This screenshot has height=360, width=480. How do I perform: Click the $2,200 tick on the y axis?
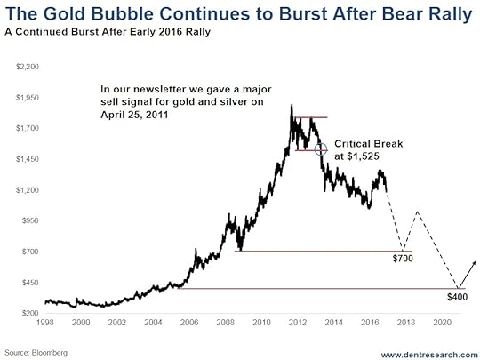[28, 67]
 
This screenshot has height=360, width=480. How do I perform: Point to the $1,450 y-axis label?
[28, 159]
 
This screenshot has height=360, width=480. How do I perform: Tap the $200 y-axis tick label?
[30, 313]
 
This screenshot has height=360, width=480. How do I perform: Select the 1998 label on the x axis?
[45, 323]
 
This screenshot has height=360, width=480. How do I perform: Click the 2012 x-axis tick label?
[298, 323]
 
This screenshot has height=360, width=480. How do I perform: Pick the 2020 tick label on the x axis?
[442, 323]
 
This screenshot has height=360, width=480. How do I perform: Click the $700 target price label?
[403, 259]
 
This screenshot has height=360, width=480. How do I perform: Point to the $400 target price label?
[458, 297]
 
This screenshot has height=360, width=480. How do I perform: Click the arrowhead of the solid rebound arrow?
[475, 262]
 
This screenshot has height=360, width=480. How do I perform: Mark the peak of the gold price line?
[292, 105]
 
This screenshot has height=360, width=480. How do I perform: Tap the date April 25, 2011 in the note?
[134, 115]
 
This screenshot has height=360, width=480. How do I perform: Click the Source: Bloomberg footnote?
[36, 353]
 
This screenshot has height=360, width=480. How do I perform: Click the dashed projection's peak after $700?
[417, 212]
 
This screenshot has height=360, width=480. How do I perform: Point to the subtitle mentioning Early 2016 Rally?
[108, 32]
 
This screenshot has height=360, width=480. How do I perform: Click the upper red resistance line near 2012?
[311, 117]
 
